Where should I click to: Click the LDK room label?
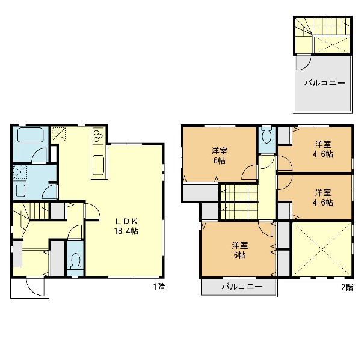(126, 222)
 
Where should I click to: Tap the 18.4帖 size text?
(126, 231)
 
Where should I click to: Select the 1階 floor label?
(159, 287)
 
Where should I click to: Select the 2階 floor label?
(347, 287)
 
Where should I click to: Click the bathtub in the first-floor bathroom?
(31, 135)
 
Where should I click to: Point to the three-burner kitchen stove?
(99, 136)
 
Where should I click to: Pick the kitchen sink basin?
(99, 165)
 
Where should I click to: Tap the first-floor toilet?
(76, 261)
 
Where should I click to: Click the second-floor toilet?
(267, 137)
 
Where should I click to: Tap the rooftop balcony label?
(325, 83)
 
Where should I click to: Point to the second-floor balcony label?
(242, 287)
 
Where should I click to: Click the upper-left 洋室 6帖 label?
(220, 156)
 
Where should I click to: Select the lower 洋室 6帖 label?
(240, 250)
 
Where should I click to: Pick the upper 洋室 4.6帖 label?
(323, 149)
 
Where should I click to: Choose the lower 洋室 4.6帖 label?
(323, 197)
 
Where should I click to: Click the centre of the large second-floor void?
(322, 249)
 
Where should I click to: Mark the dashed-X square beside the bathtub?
(58, 133)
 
